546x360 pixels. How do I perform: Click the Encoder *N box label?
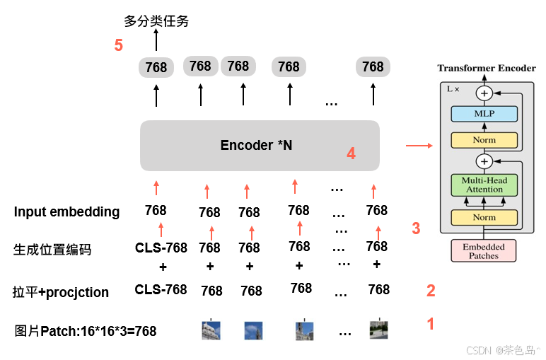[256, 145]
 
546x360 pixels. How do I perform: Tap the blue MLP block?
[484, 114]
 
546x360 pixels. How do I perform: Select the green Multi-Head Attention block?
[484, 185]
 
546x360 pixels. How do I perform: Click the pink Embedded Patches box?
[484, 251]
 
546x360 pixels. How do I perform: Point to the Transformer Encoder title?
[487, 68]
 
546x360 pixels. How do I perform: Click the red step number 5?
[119, 45]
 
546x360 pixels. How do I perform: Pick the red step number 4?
[351, 153]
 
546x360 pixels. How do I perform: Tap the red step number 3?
[416, 228]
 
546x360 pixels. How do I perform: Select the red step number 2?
[430, 290]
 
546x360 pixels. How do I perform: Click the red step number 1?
[429, 325]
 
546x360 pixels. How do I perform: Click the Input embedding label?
[66, 211]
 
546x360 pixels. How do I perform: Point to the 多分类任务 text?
[156, 21]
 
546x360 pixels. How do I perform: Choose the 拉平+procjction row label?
[61, 292]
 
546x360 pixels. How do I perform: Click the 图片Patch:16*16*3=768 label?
[86, 330]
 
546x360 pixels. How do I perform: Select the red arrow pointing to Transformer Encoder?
[419, 146]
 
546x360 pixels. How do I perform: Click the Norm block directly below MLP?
[484, 140]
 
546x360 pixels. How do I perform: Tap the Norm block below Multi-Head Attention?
[484, 217]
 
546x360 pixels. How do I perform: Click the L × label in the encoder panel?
[453, 89]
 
